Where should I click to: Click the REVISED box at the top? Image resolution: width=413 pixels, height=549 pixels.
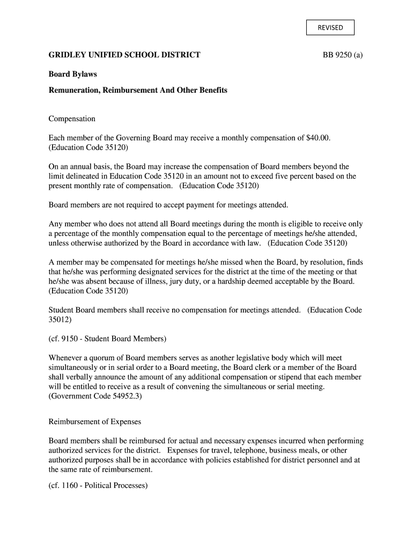click(x=330, y=27)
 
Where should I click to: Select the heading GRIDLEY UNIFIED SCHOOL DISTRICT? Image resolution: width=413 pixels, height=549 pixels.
click(x=124, y=55)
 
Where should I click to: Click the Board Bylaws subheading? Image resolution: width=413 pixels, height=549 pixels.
click(x=73, y=75)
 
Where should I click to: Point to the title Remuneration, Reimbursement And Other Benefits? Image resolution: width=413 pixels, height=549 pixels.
click(x=138, y=90)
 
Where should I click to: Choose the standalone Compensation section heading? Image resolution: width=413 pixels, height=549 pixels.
click(x=72, y=118)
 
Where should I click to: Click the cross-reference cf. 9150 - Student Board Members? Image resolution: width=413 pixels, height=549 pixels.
click(x=108, y=339)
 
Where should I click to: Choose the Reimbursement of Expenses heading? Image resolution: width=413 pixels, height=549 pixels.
click(x=95, y=422)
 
